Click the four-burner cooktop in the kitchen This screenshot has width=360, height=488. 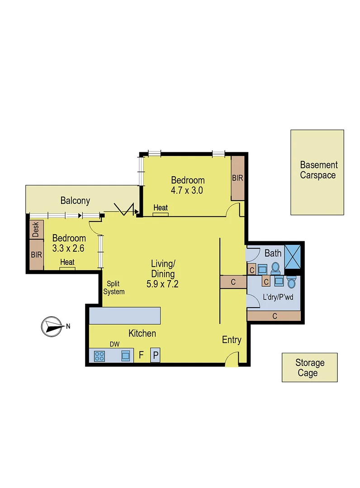(99, 356)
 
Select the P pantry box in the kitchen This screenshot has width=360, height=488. (155, 355)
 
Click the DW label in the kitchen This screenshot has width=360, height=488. (115, 344)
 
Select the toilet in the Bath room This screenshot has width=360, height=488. (275, 268)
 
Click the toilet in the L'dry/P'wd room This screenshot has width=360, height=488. (292, 283)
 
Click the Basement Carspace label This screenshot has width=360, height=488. (317, 170)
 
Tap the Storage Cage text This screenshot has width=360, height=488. (310, 368)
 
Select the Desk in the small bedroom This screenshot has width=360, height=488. (36, 230)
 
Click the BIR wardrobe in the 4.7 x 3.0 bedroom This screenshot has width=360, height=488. (237, 178)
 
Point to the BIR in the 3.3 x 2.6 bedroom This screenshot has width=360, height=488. (36, 254)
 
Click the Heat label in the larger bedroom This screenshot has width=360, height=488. (161, 208)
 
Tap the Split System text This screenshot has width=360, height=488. (114, 288)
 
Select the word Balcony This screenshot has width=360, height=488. (76, 201)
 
